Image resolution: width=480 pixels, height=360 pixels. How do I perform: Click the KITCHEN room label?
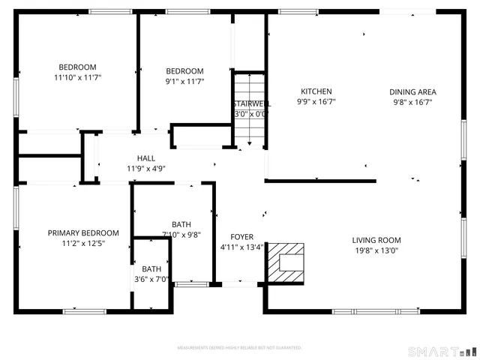tap(311, 92)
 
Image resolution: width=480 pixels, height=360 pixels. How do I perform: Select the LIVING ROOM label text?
tap(376, 241)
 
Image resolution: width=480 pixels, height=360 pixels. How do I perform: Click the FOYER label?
tap(241, 236)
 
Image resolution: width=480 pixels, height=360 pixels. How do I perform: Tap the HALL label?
tap(145, 158)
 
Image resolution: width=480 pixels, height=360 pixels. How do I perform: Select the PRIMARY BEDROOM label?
tap(83, 233)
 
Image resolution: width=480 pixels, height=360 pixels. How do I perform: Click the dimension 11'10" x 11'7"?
tap(78, 77)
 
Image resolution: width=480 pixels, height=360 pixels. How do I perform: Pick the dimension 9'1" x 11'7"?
tap(184, 82)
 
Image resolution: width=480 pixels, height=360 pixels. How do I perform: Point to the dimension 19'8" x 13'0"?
tap(376, 251)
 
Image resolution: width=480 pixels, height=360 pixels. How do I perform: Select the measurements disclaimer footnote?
tap(239, 348)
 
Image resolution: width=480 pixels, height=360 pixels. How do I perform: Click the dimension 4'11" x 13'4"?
tap(241, 247)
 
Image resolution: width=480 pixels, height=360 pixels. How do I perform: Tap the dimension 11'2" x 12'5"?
tap(83, 243)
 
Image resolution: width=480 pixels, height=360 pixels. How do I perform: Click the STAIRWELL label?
tap(250, 103)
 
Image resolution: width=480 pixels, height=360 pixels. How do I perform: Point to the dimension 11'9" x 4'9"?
tap(145, 169)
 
